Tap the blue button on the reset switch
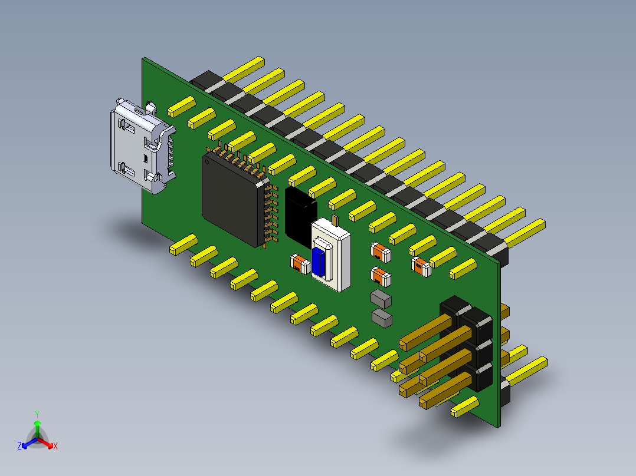coord(319,262)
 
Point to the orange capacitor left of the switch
coord(300,265)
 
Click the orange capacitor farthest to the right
coord(421,266)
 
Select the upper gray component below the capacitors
coord(381,299)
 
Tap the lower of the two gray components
coord(382,318)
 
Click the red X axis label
coord(55,447)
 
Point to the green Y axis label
coord(37,414)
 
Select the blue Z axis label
coord(19,447)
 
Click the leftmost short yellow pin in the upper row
coord(181,106)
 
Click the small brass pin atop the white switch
coord(335,221)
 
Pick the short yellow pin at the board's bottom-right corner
coord(464,407)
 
